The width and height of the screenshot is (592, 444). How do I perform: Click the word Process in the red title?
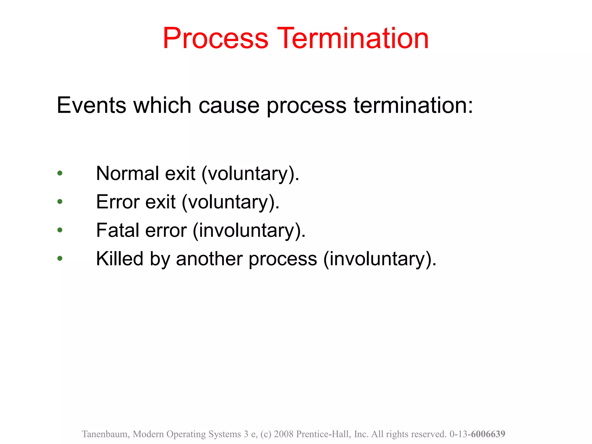click(x=215, y=38)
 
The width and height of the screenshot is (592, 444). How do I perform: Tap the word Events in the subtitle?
click(x=91, y=105)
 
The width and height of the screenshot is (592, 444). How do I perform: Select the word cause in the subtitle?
click(x=229, y=105)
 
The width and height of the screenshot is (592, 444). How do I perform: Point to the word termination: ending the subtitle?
click(x=413, y=105)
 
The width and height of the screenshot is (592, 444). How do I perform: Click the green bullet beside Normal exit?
click(x=60, y=173)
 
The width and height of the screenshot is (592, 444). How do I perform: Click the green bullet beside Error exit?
click(x=60, y=202)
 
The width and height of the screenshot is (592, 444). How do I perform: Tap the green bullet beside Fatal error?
click(x=60, y=230)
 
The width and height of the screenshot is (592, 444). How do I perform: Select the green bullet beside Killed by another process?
click(x=60, y=258)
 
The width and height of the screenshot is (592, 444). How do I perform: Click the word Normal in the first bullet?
click(x=127, y=173)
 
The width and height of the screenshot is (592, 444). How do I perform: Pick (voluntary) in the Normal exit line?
click(x=250, y=174)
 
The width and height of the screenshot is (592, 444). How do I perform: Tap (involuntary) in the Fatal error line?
click(x=249, y=231)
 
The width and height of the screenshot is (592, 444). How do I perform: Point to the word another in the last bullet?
click(x=209, y=258)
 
